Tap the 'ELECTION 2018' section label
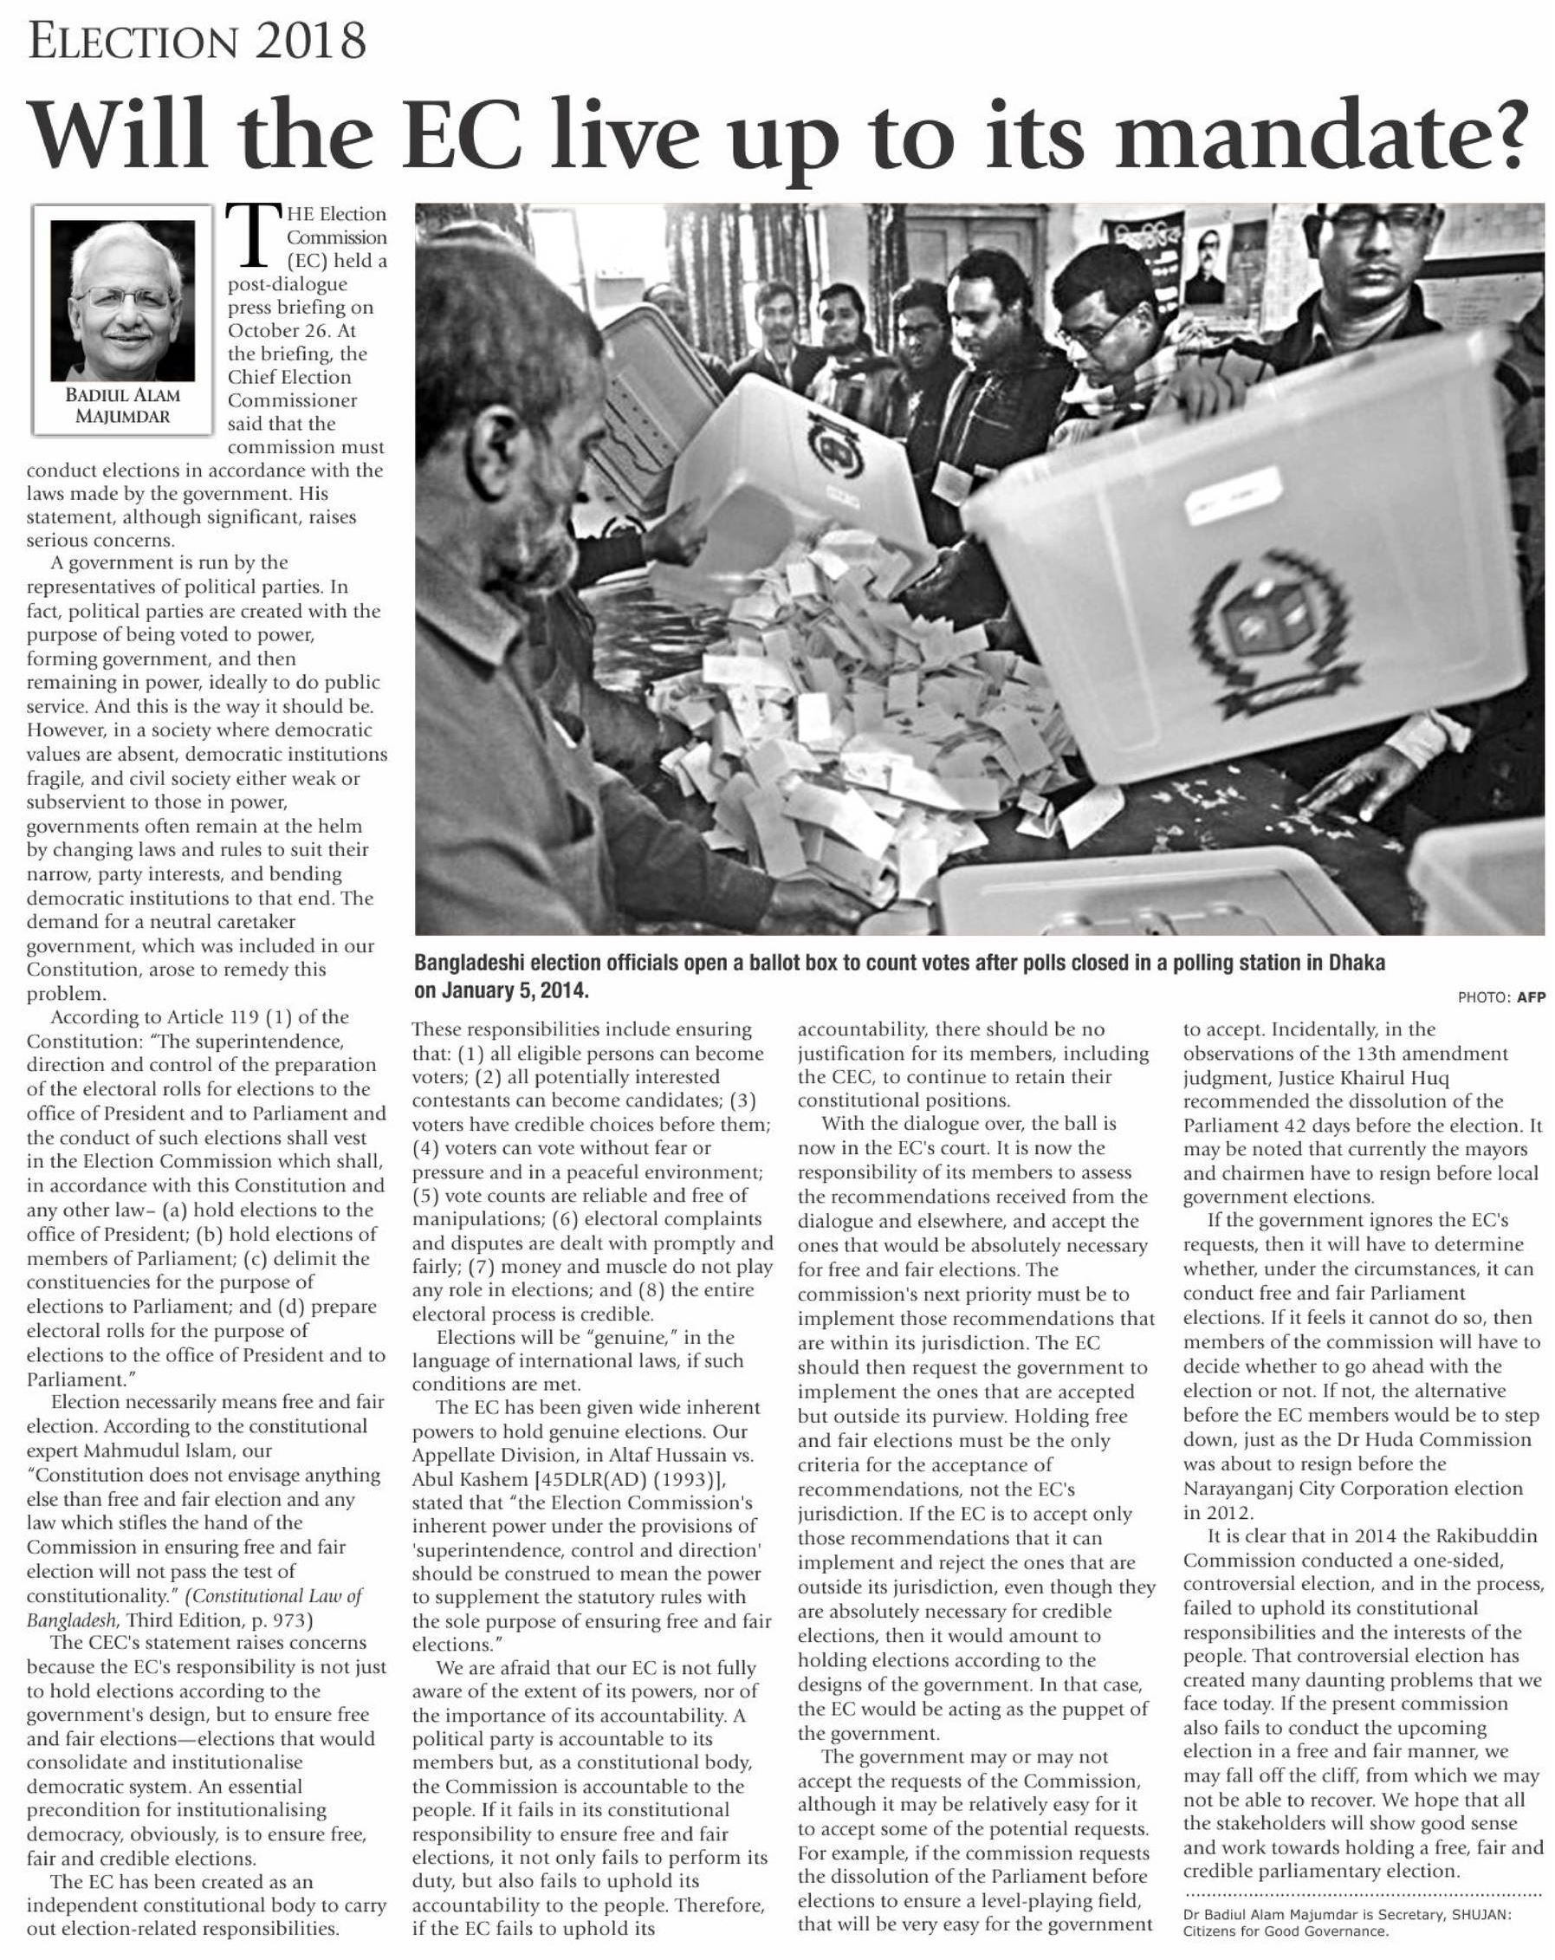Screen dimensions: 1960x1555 coord(197,41)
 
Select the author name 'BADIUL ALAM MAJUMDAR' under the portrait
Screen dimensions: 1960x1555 coord(122,406)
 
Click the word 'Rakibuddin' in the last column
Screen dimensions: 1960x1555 coord(1486,1536)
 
